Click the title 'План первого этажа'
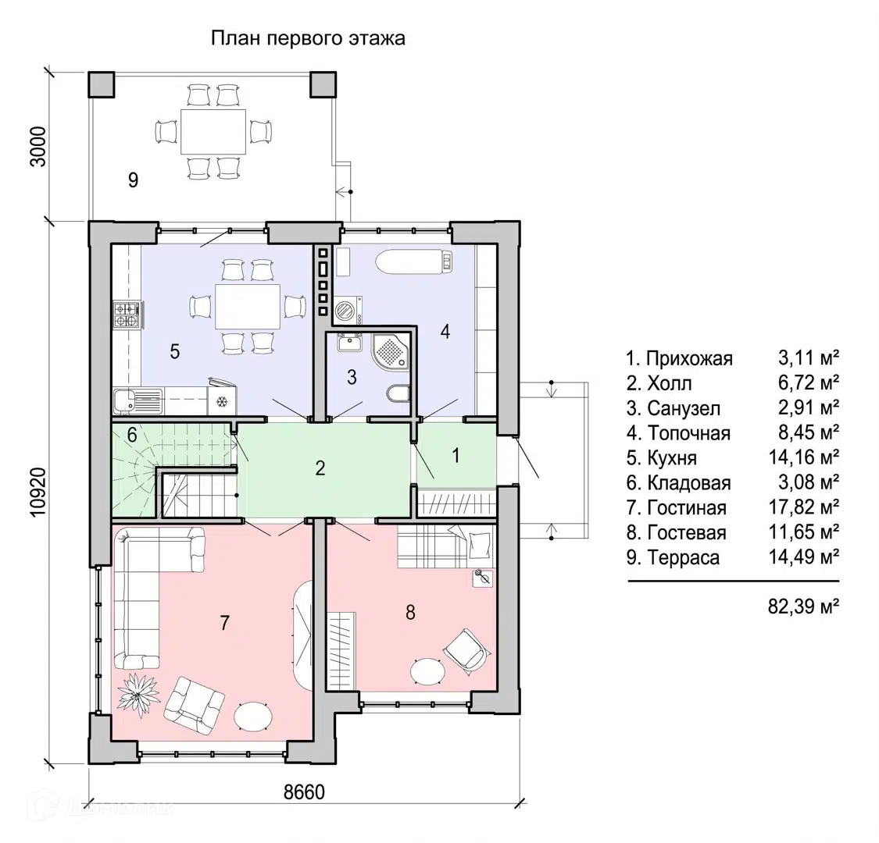click(308, 38)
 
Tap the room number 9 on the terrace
click(133, 180)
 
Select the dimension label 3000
click(38, 147)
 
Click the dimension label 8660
click(305, 792)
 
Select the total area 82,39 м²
click(803, 606)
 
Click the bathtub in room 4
click(414, 261)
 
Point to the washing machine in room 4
click(348, 311)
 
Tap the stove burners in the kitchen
click(127, 315)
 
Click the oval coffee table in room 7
click(253, 716)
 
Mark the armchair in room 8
click(467, 649)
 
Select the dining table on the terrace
click(213, 132)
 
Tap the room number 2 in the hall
click(320, 468)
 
